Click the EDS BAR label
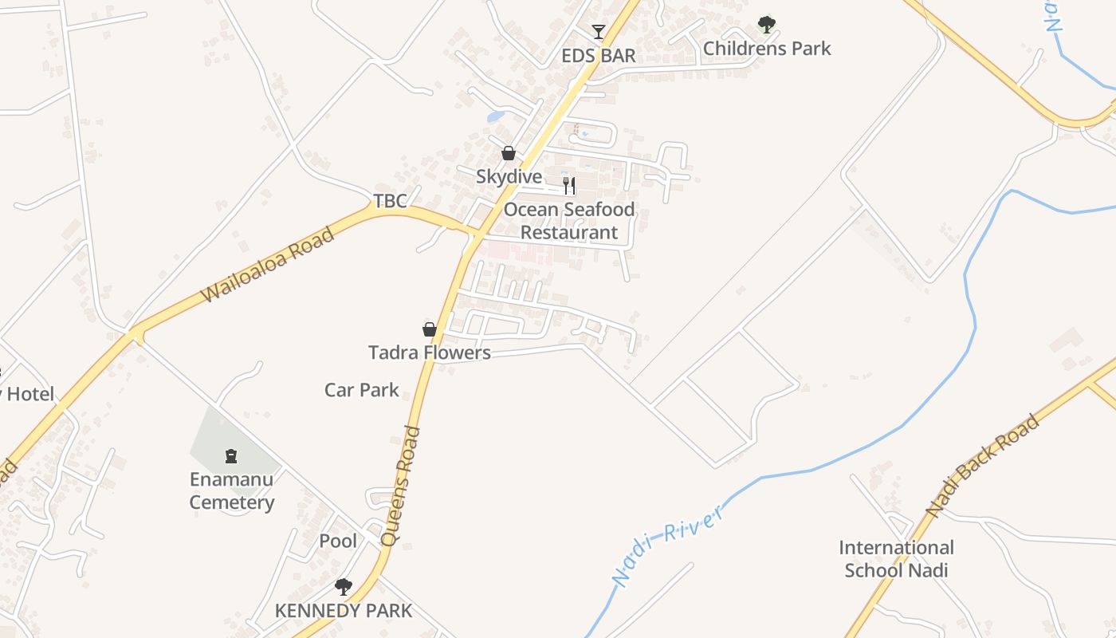click(599, 55)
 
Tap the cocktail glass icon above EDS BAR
click(599, 32)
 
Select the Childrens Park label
click(767, 49)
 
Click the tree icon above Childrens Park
click(767, 25)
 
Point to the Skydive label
click(509, 176)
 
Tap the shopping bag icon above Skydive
click(509, 153)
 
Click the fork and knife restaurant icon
click(569, 186)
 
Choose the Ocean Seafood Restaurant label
click(569, 221)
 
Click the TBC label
click(391, 201)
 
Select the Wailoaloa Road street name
click(267, 265)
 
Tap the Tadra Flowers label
click(430, 352)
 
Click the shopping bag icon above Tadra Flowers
click(430, 329)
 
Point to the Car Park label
click(362, 390)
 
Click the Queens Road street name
click(401, 486)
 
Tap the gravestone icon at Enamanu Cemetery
click(231, 456)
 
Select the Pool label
click(338, 541)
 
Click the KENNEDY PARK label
click(344, 611)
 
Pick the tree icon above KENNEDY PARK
click(344, 588)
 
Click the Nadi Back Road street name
click(983, 465)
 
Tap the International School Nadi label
click(896, 559)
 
